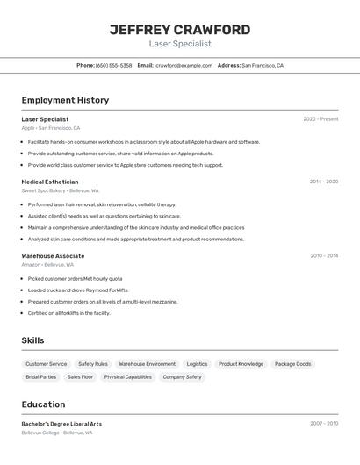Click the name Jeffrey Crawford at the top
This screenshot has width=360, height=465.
[x=180, y=30]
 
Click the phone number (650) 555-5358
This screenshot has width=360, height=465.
[x=113, y=65]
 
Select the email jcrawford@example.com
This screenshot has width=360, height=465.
[x=183, y=65]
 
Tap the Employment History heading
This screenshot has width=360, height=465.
[x=65, y=100]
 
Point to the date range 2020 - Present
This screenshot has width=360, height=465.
[x=320, y=119]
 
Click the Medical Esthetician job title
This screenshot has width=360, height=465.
[x=49, y=182]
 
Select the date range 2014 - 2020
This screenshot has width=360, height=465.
[x=324, y=182]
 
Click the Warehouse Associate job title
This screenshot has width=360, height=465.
[x=53, y=255]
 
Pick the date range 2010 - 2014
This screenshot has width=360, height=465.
[x=324, y=255]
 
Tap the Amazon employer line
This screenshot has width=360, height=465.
[x=47, y=264]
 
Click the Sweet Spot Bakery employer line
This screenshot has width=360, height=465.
[x=60, y=190]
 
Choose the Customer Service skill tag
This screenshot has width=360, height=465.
[x=46, y=364]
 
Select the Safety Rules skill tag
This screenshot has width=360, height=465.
[x=93, y=364]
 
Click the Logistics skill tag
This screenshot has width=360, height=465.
[x=197, y=364]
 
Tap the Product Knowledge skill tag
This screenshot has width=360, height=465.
[x=241, y=364]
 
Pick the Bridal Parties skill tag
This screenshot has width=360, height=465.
[x=40, y=377]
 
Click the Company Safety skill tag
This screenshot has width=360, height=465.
[x=182, y=377]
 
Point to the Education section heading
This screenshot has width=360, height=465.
[x=43, y=404]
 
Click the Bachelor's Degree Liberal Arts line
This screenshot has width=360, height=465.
[x=61, y=424]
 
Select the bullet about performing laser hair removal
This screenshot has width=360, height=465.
[x=101, y=204]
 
